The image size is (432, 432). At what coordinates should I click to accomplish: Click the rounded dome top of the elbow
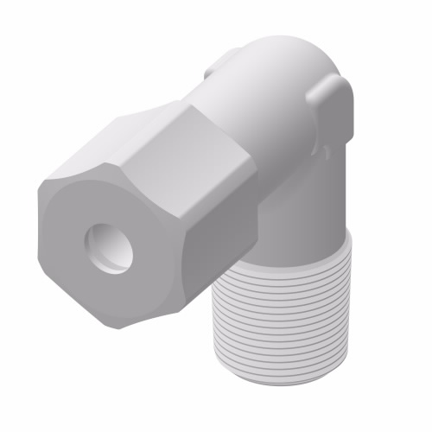click(x=285, y=56)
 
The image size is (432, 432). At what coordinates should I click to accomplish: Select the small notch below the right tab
click(x=325, y=153)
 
